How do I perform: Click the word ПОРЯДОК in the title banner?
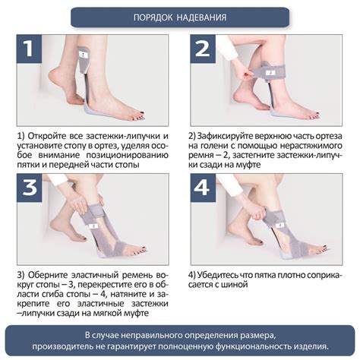click(153, 17)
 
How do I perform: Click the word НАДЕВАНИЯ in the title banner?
click(202, 17)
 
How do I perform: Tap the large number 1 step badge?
click(29, 49)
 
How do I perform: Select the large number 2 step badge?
click(203, 49)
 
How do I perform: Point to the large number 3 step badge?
click(29, 188)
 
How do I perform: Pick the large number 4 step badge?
click(203, 188)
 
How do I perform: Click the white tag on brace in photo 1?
click(83, 54)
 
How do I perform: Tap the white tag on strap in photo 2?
click(270, 72)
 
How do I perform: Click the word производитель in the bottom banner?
click(62, 346)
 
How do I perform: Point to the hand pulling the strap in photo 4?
click(259, 213)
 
